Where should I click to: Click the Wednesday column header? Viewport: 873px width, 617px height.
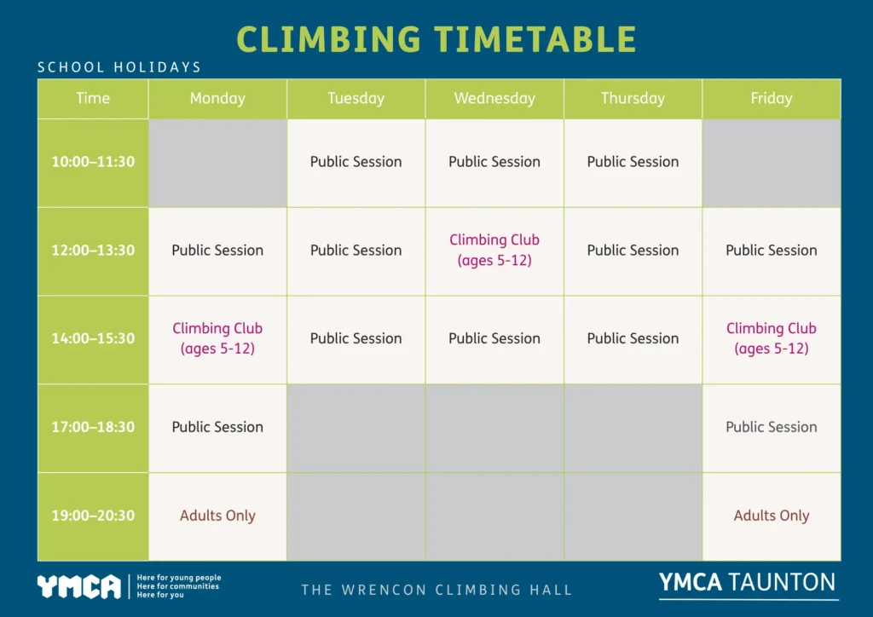[x=494, y=99]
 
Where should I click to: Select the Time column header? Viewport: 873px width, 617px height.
[x=93, y=99]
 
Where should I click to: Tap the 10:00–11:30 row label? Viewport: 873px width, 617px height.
[x=93, y=162]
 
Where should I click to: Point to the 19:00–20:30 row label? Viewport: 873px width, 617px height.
[x=93, y=516]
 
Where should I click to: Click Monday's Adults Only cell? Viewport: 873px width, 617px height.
[x=217, y=516]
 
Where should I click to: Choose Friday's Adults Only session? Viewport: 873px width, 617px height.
[x=772, y=516]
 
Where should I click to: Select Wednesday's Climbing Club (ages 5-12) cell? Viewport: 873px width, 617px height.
[x=494, y=251]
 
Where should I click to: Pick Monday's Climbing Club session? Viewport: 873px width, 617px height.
[x=217, y=338]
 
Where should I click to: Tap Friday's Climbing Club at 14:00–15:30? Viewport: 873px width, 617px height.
[x=772, y=338]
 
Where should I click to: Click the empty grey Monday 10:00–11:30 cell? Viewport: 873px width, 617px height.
[x=217, y=162]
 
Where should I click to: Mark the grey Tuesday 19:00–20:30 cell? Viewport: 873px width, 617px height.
[x=356, y=516]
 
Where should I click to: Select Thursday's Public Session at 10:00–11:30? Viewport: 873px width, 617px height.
[x=633, y=162]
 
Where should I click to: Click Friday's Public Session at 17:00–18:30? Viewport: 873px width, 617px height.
[x=772, y=427]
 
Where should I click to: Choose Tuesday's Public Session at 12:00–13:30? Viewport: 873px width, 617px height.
[x=356, y=251]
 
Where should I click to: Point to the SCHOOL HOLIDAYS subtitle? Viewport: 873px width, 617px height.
[x=119, y=67]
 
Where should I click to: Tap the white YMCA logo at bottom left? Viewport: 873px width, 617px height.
[x=79, y=586]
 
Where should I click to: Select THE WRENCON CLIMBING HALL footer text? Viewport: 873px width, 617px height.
[x=436, y=590]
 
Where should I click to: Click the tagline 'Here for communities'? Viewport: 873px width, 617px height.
[x=178, y=586]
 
